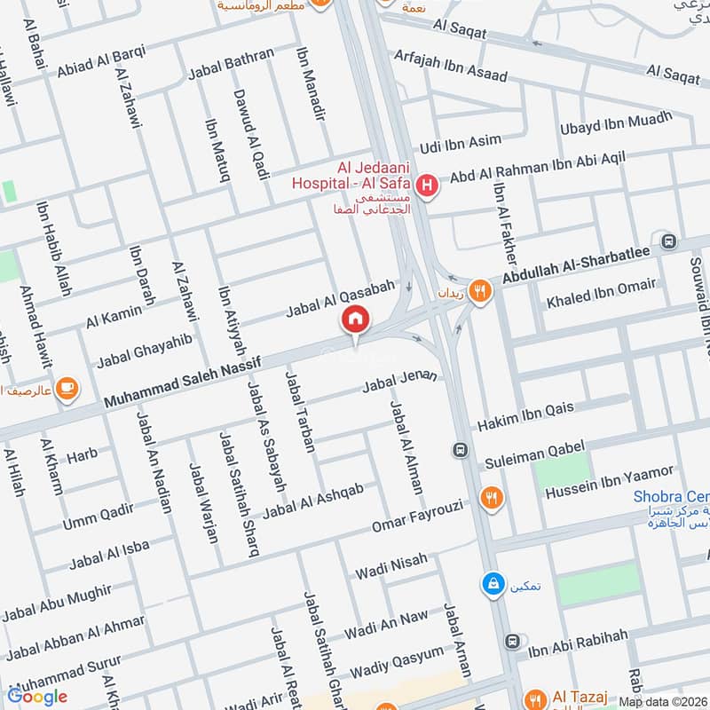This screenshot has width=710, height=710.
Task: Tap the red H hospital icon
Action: [x=428, y=186]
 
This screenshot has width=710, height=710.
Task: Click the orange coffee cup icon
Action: [x=67, y=387]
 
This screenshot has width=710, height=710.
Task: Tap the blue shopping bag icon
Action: [x=489, y=583]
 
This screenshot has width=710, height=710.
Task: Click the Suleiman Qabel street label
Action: [x=529, y=457]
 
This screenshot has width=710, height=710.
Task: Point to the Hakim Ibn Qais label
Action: [x=525, y=414]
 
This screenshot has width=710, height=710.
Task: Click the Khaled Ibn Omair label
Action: [x=601, y=292]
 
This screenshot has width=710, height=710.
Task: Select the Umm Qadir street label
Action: [x=98, y=516]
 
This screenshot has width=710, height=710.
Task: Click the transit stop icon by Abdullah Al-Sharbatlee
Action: [x=668, y=241]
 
